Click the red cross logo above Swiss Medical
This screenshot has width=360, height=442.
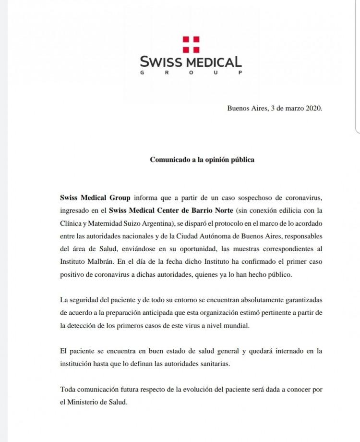[x=191, y=45]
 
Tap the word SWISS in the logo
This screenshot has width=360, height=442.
[x=159, y=62]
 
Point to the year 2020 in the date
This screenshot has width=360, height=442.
[x=312, y=108]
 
